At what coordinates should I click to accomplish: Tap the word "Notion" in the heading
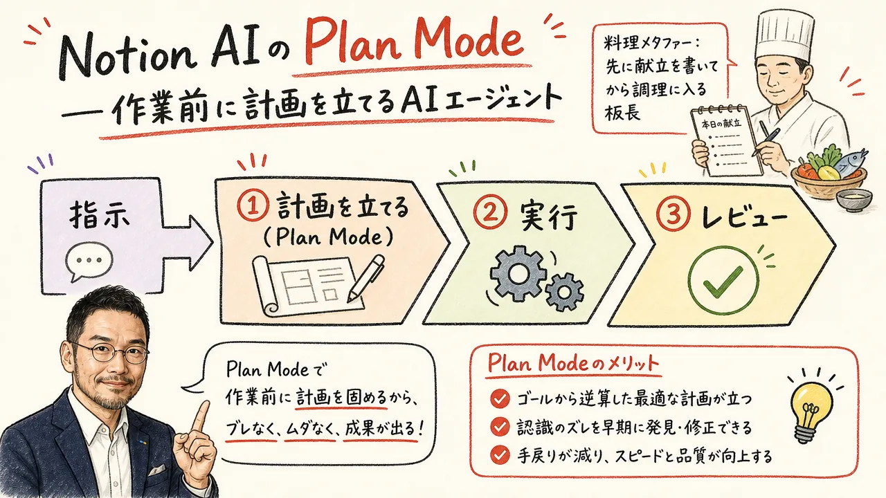pos(127,58)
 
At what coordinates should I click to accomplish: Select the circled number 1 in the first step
pos(253,207)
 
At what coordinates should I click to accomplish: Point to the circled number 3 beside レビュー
pos(673,214)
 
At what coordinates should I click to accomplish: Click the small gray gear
pos(564,292)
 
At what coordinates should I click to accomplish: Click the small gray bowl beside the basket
pos(854,200)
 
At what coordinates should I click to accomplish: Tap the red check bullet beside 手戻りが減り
pos(500,455)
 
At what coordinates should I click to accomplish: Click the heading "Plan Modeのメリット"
pos(574,363)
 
